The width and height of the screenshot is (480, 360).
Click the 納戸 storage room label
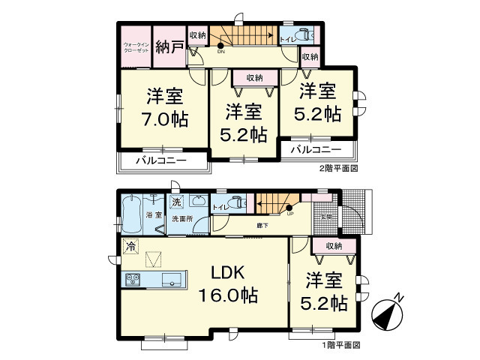(x=169, y=47)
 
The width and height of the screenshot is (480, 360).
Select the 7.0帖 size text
(x=165, y=118)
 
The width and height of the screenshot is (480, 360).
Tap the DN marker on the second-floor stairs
(x=220, y=51)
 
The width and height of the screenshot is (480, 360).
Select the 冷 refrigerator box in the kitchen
(x=131, y=245)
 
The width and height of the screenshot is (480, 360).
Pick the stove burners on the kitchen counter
(x=134, y=280)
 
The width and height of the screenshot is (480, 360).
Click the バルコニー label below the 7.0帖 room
(x=162, y=160)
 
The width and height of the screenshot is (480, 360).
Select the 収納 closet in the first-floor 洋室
(x=334, y=245)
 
